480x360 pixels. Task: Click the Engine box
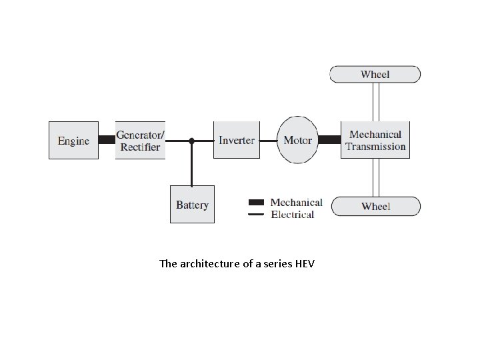73,140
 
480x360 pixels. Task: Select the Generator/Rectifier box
140,140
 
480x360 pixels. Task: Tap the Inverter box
236,140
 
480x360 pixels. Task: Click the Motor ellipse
297,140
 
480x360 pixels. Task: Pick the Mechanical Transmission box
375,140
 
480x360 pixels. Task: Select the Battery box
192,205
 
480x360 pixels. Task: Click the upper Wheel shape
375,74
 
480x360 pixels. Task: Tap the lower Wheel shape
375,206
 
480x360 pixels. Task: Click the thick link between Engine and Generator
107,140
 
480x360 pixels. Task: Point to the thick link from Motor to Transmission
329,140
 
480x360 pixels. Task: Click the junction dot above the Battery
192,141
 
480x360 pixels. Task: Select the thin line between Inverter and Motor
268,141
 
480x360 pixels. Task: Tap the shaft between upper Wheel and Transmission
375,102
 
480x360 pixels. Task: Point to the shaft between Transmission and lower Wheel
375,177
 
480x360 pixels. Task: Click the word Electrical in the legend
293,215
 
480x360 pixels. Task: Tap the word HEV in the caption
303,264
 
